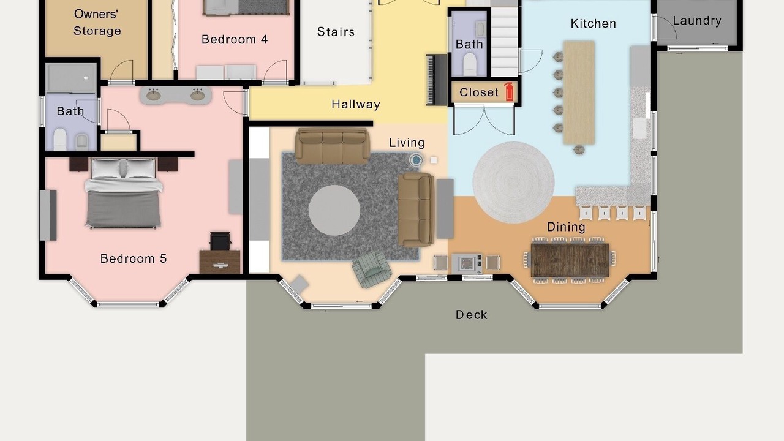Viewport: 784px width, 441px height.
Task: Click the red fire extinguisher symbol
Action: click(509, 92)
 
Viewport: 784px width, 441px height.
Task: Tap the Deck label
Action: click(471, 315)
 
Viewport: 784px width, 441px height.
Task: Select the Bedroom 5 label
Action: click(134, 258)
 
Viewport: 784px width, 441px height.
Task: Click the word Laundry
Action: click(697, 21)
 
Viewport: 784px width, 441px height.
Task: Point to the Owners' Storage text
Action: click(97, 23)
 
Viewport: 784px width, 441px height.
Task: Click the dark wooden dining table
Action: click(570, 261)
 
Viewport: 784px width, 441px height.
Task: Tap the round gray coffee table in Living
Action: click(334, 210)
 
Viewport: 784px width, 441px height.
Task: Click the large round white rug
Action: click(513, 183)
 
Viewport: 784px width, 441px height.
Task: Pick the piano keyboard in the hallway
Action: click(436, 80)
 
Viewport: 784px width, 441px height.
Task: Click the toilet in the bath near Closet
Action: click(470, 64)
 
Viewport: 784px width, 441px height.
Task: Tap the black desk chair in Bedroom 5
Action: click(220, 241)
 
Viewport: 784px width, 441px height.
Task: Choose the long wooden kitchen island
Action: click(579, 92)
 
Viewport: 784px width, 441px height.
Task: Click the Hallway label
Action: click(356, 104)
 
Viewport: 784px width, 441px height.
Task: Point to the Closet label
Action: click(478, 92)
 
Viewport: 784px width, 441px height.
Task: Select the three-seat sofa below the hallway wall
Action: click(332, 146)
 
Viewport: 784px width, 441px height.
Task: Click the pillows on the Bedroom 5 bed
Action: click(123, 168)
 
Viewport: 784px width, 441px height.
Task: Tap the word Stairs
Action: click(336, 32)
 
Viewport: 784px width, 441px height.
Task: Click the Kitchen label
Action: click(593, 24)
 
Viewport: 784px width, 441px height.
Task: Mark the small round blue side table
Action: click(416, 160)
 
